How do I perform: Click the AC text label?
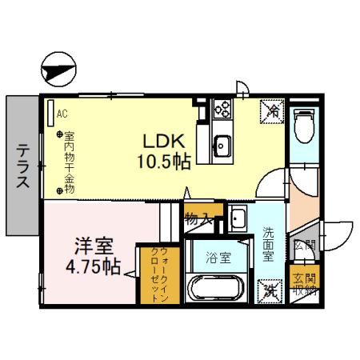62,113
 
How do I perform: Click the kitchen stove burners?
222,110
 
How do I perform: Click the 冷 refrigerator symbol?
272,111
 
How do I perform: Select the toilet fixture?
305,125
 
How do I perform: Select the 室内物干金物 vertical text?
69,161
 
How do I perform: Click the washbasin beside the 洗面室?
238,218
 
